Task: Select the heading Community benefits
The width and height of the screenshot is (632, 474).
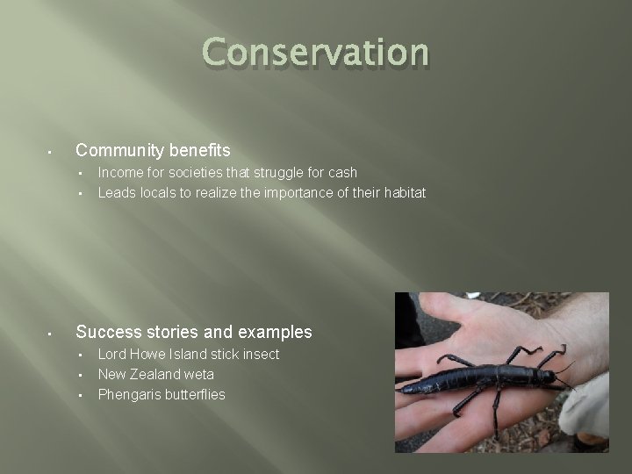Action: pos(153,151)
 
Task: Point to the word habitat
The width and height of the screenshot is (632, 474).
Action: pos(403,192)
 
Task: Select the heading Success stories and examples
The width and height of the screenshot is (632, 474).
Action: pos(194,332)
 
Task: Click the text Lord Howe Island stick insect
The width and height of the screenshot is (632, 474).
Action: pos(188,354)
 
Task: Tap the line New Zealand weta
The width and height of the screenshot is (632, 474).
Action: pos(155,374)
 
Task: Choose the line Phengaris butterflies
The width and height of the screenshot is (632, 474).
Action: pos(161,394)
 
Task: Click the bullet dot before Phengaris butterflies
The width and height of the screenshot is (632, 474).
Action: pos(80,395)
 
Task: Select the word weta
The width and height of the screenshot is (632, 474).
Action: pos(198,374)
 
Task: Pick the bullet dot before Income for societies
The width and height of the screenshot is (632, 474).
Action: pos(80,174)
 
